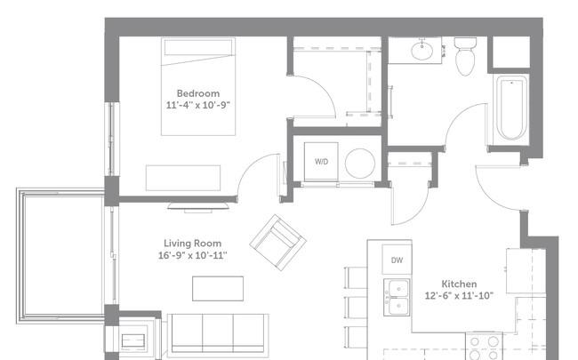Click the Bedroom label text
[198, 93]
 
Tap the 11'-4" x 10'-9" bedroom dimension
[198, 105]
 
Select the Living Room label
[192, 244]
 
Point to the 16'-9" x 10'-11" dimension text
[192, 255]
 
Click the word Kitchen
[459, 284]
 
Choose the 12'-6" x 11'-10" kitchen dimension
[459, 295]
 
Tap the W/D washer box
[321, 162]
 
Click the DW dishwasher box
[397, 260]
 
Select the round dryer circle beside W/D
[360, 164]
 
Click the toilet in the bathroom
[465, 56]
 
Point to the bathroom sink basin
[421, 52]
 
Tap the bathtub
[511, 108]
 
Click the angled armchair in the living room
[278, 243]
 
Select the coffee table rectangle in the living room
[218, 289]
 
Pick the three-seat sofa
[218, 334]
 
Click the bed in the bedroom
[198, 86]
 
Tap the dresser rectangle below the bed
[183, 178]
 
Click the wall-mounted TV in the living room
[198, 207]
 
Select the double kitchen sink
[397, 297]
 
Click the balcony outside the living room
[60, 256]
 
